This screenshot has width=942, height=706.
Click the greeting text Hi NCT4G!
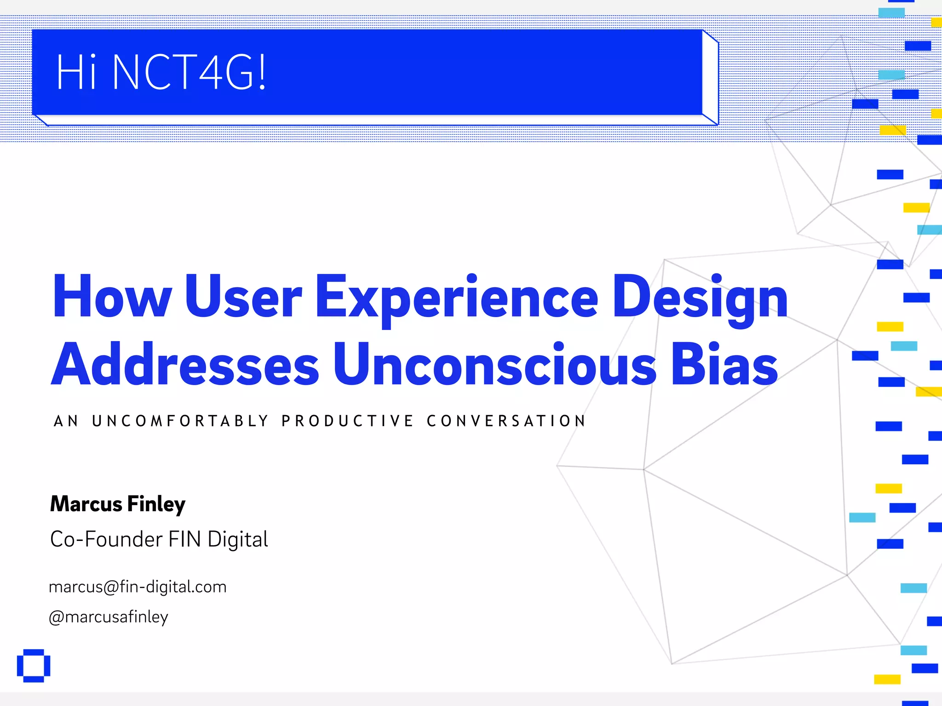(161, 72)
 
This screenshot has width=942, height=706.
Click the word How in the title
(112, 296)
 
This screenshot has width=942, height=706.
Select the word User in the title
(243, 296)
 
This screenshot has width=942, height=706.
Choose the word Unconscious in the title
(494, 366)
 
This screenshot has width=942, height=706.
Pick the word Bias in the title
(724, 366)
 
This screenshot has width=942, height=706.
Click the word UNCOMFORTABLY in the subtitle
(180, 421)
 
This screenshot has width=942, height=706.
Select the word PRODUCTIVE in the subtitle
(348, 421)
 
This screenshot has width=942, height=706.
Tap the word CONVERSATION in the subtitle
(506, 421)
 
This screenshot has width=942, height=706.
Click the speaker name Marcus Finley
(118, 504)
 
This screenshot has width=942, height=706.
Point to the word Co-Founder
(106, 539)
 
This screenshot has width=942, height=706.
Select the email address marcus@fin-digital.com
(138, 587)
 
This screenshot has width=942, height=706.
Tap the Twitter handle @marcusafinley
(109, 617)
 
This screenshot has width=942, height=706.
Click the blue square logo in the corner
(34, 666)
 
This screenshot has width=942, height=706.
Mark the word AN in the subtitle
(66, 421)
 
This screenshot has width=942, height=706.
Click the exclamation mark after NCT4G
(262, 72)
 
